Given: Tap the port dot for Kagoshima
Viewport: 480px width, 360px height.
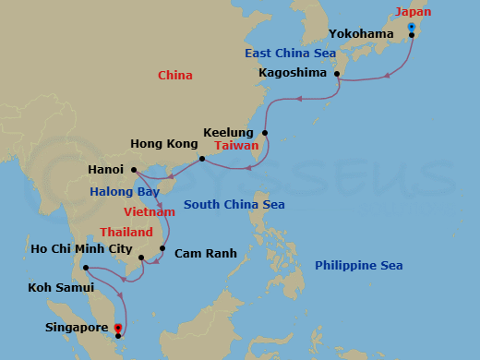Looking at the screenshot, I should point(338,73).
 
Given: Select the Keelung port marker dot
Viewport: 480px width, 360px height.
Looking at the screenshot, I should point(265,134).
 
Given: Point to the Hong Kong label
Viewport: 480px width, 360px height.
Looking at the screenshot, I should point(164,144).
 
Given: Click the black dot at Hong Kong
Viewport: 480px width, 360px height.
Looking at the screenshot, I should point(202,160).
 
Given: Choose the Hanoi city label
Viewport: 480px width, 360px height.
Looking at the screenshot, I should point(106,170).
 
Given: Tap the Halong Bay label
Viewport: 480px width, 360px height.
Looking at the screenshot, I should point(125,192).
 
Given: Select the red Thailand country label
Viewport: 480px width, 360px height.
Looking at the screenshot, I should point(126,233).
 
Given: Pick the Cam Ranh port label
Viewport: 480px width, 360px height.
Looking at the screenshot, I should point(206,253).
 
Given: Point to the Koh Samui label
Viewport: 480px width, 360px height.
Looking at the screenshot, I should point(58,286).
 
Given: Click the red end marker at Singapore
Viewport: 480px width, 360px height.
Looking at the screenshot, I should point(118,327).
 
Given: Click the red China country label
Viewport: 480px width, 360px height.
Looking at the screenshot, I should point(174,75).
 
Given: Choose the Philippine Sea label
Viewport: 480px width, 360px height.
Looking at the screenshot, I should point(358,266).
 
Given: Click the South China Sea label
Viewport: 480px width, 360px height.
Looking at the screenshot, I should point(234,204).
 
